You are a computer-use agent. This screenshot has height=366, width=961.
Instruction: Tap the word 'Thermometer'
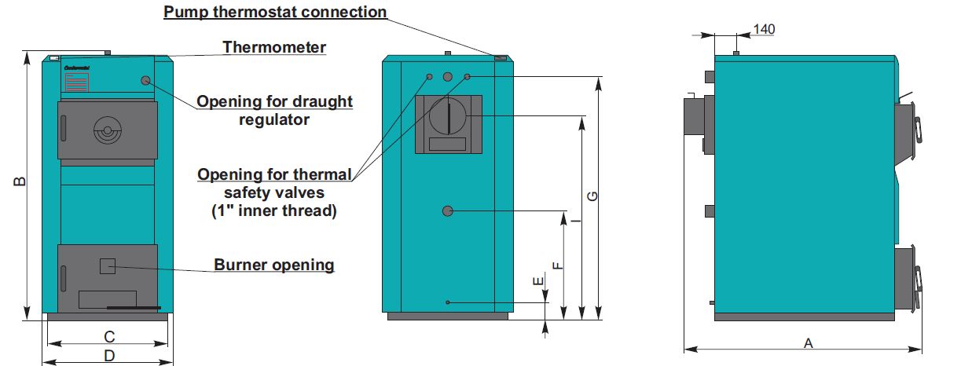(x=273, y=47)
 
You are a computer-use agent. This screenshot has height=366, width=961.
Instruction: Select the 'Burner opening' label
(x=274, y=265)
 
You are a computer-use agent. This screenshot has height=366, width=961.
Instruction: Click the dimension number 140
(x=764, y=29)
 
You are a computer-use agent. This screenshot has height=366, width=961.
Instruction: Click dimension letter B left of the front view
(x=21, y=181)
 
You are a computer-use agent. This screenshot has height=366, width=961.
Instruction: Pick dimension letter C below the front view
(x=110, y=337)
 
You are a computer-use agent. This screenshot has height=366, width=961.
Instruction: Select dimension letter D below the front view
(x=110, y=356)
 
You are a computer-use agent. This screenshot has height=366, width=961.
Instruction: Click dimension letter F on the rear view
(x=557, y=265)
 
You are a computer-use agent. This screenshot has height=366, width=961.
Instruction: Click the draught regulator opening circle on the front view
(x=146, y=80)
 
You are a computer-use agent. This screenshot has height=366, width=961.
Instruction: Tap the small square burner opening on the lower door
(x=107, y=265)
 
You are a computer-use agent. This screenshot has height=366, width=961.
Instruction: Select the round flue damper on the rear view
(x=447, y=117)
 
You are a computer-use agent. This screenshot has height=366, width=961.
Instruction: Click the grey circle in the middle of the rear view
(x=447, y=210)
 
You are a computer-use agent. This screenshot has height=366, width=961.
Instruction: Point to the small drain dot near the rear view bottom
(x=447, y=302)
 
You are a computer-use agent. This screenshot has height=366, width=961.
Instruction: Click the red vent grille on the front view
(x=76, y=84)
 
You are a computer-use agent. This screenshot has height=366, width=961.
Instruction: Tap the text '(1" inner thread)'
(x=273, y=210)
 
